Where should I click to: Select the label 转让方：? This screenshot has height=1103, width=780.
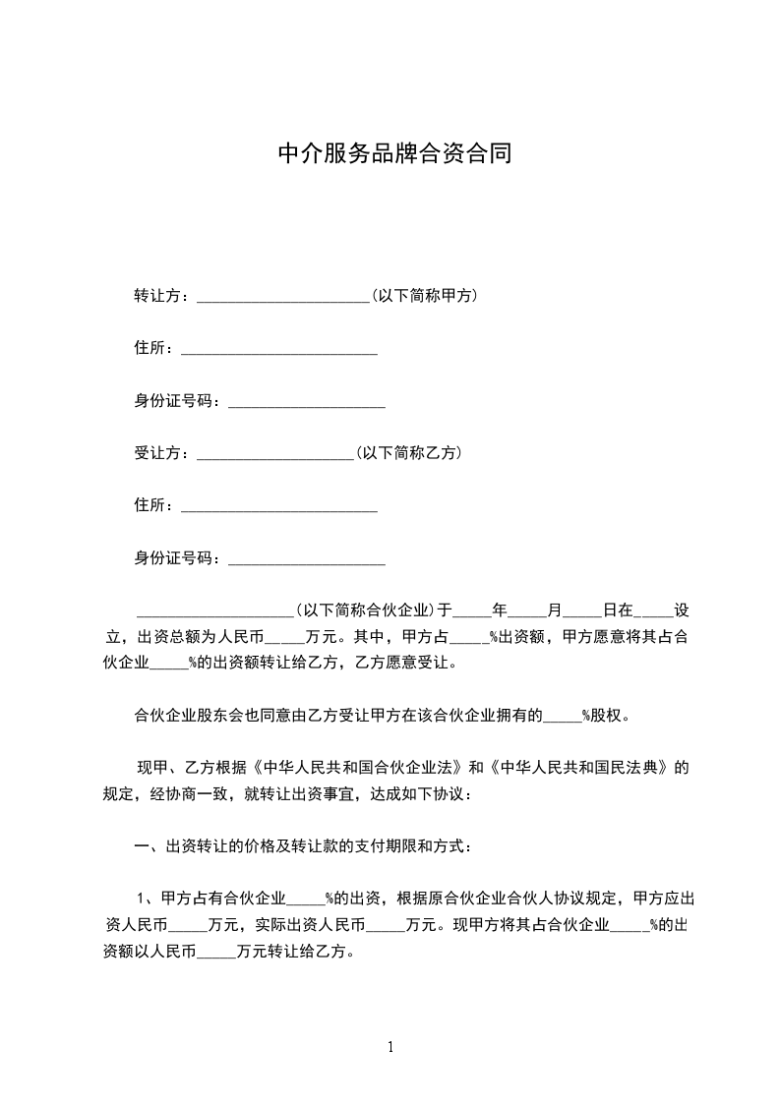coord(165,295)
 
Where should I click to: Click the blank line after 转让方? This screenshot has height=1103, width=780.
coord(282,297)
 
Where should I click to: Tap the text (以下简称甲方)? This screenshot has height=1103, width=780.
coord(424,295)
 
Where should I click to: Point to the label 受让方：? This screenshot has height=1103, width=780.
coord(165,453)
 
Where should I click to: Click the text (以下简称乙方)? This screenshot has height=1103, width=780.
coord(408,453)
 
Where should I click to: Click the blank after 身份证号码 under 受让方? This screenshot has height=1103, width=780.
coord(306,560)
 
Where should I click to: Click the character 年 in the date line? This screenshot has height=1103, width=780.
coord(499,610)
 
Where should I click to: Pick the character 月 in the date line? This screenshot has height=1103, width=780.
coord(554,610)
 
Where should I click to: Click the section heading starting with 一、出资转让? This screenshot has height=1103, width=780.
coord(302,845)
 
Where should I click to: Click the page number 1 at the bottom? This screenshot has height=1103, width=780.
coord(390,1047)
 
